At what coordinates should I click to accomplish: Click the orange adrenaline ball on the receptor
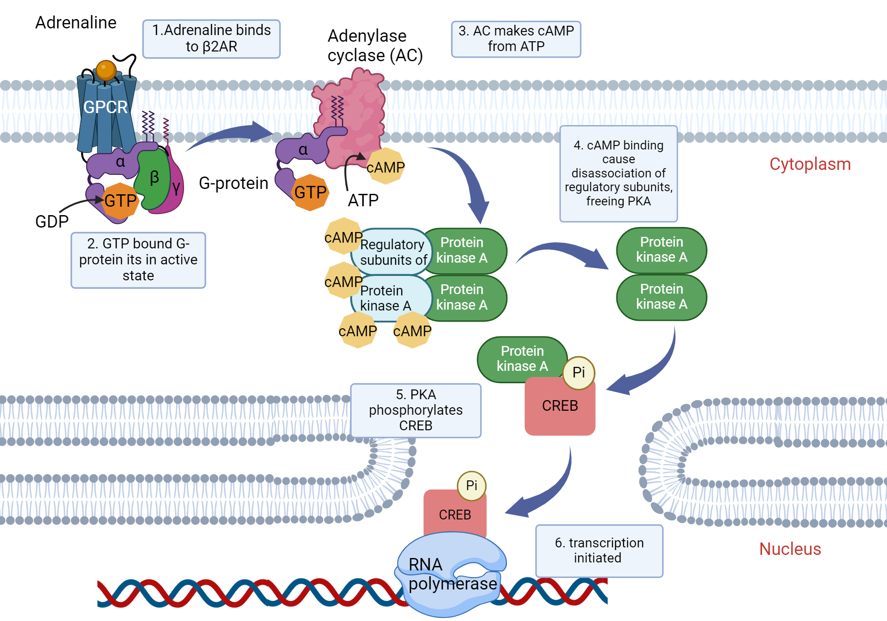click(x=106, y=70)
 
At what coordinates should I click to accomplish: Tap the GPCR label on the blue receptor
click(x=106, y=107)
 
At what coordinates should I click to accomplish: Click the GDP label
click(x=52, y=221)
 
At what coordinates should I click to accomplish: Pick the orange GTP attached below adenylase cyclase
click(x=310, y=193)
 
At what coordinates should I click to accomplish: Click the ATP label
click(x=363, y=200)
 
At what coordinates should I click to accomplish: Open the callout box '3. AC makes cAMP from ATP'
click(x=516, y=39)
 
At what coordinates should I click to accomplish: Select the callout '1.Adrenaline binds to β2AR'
click(x=212, y=39)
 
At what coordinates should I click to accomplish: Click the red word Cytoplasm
click(x=810, y=164)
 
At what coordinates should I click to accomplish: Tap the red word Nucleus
click(x=790, y=549)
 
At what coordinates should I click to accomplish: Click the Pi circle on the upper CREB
click(x=578, y=373)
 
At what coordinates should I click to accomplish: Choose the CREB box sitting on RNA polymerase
click(x=455, y=515)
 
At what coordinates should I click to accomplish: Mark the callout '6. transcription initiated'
click(x=599, y=550)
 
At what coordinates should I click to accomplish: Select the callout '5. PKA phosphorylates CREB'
click(x=416, y=410)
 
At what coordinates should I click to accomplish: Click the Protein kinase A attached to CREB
click(x=522, y=358)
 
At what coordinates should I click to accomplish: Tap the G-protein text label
click(x=233, y=183)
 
